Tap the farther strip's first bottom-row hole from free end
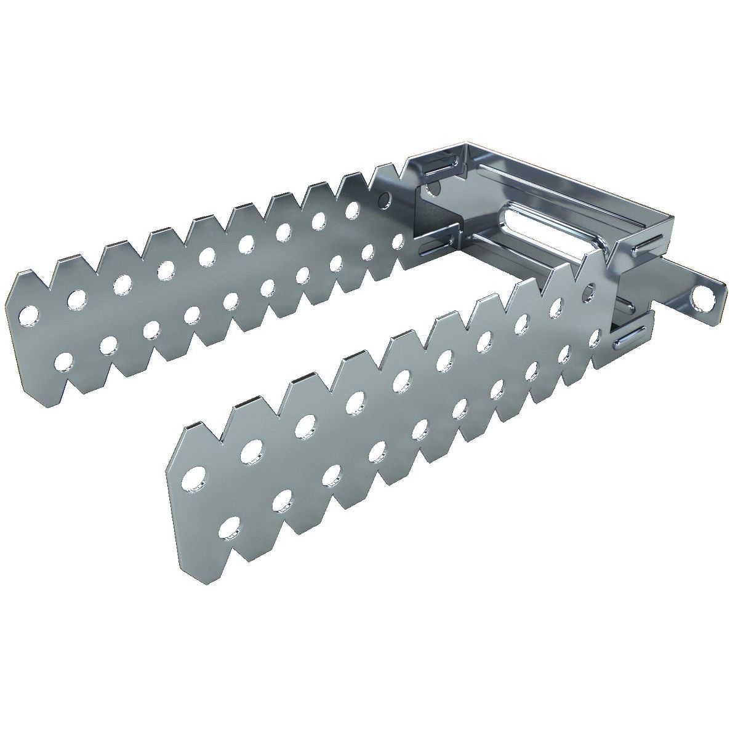coord(63,360)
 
